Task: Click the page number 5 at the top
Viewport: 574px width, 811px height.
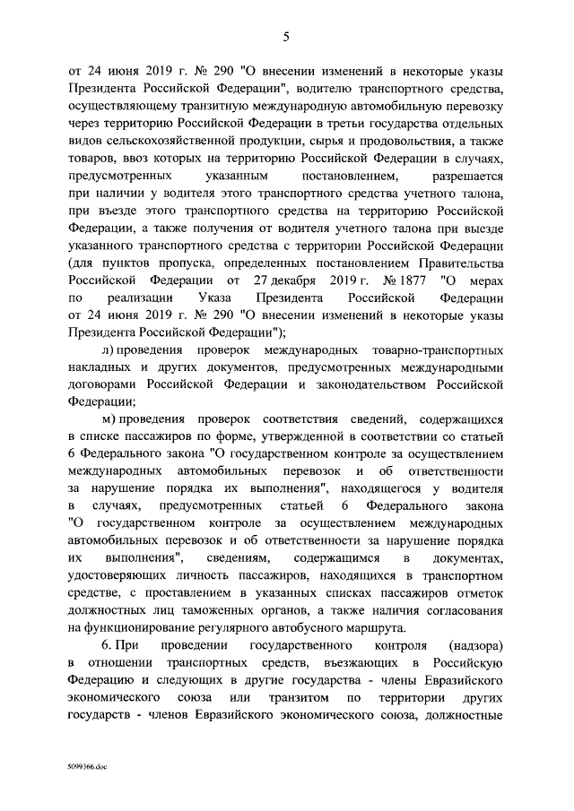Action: [286, 37]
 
